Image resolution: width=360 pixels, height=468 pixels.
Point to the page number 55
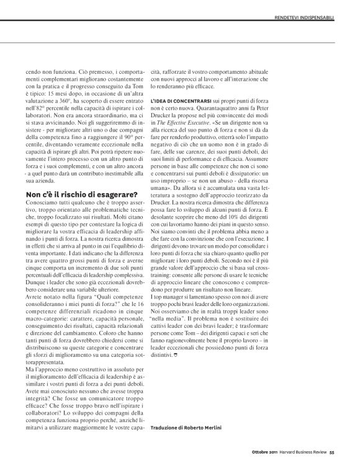[x=332, y=452]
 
